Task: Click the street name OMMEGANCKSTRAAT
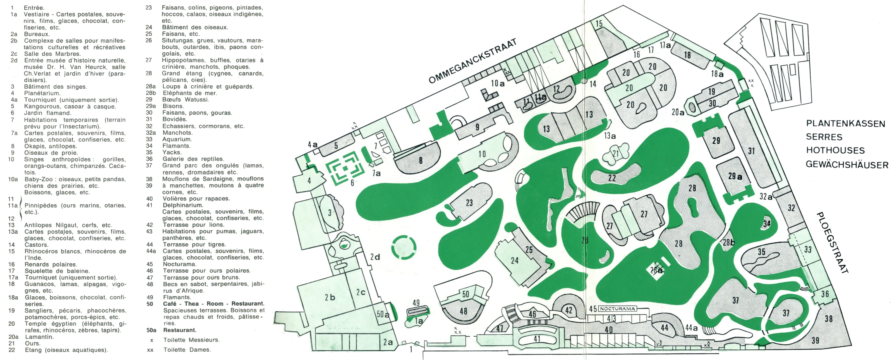pos(473,61)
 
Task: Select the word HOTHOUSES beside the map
pos(835,150)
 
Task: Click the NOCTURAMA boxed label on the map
pos(617,309)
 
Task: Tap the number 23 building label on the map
pos(469,203)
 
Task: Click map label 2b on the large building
pos(330,297)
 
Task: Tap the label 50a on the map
pos(383,314)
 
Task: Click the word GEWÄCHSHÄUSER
pos(847,164)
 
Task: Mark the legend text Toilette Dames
pos(187,350)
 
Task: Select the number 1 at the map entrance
pos(411,349)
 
